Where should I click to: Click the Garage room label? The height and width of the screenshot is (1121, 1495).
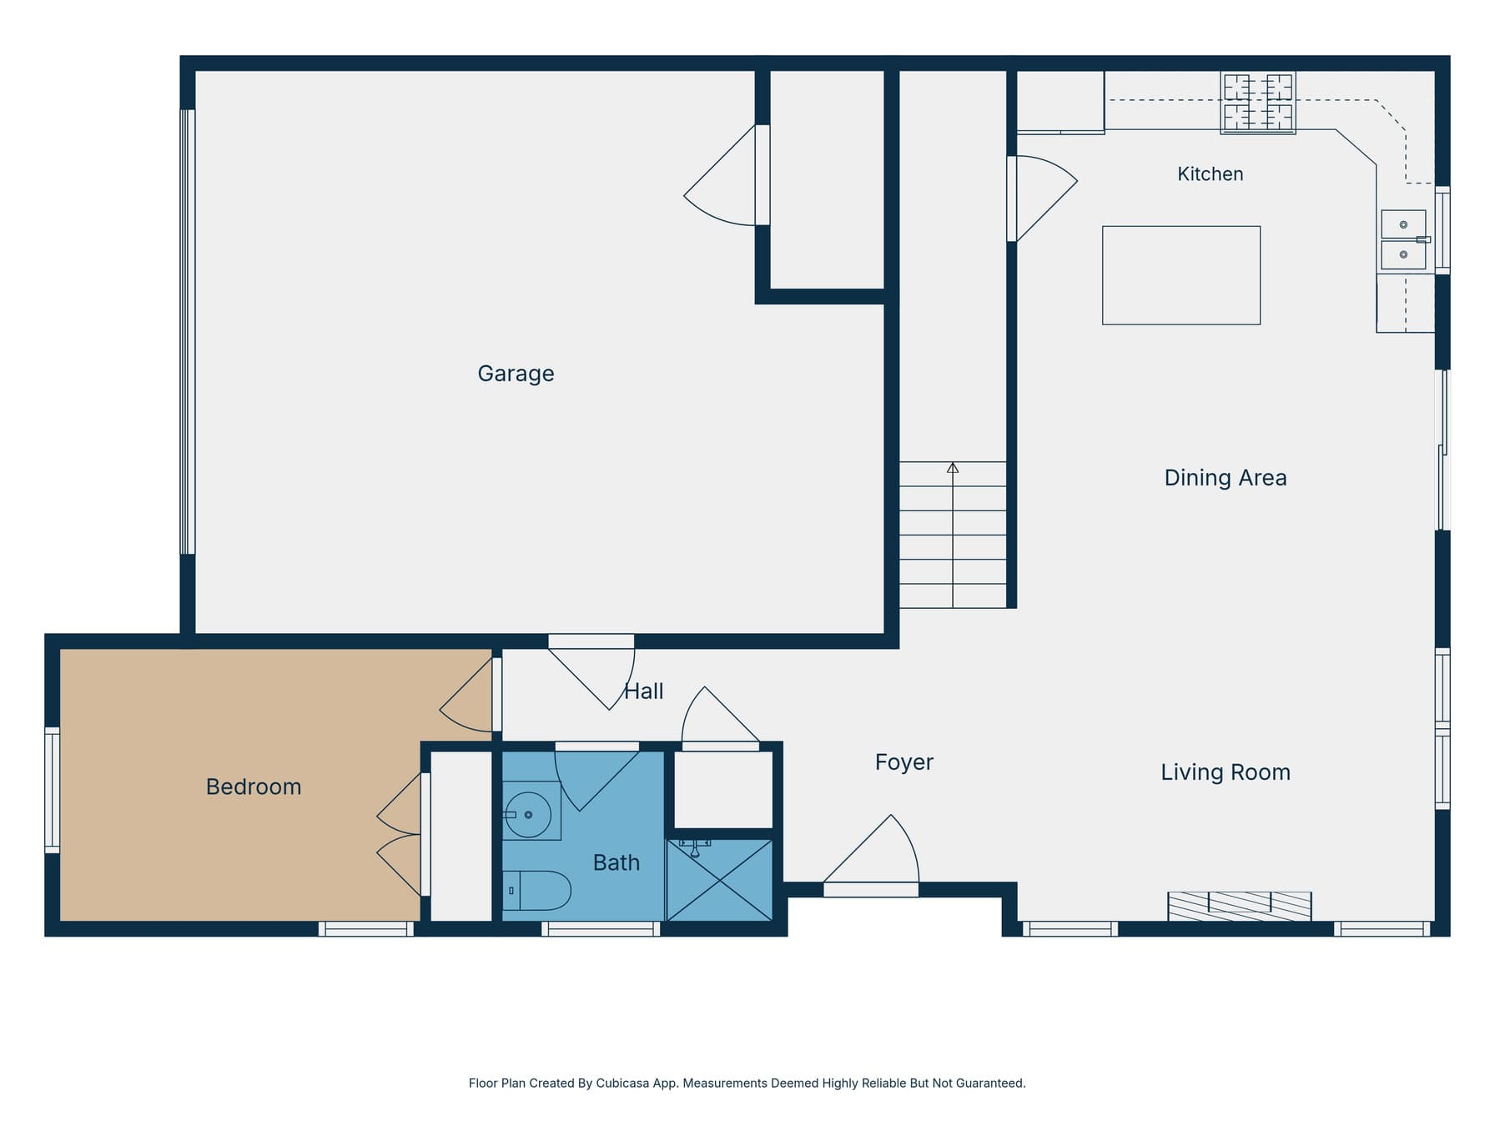point(516,374)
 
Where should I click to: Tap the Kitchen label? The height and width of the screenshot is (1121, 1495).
point(1210,174)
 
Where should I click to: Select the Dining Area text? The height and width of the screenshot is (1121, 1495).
point(1225,478)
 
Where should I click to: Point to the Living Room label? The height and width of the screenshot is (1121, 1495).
point(1226,772)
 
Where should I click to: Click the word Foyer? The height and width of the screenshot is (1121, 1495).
point(904,762)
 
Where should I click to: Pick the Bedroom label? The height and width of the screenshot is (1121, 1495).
point(254,787)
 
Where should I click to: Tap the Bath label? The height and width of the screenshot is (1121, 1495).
point(617,862)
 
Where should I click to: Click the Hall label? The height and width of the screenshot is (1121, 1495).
point(644,691)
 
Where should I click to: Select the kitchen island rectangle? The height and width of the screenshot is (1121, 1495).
point(1181,275)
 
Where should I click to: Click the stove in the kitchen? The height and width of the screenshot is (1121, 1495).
point(1258,103)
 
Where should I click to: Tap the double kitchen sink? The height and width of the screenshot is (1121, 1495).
point(1404,240)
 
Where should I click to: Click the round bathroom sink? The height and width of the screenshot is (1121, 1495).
point(528,814)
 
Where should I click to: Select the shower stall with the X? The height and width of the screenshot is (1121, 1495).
point(719,880)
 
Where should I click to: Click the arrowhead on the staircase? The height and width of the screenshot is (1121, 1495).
point(953,468)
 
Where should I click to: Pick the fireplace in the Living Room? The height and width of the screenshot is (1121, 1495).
point(1240,907)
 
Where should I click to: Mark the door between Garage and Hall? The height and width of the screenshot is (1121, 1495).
point(591,672)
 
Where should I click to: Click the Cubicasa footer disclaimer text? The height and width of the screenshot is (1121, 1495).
point(747,1083)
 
